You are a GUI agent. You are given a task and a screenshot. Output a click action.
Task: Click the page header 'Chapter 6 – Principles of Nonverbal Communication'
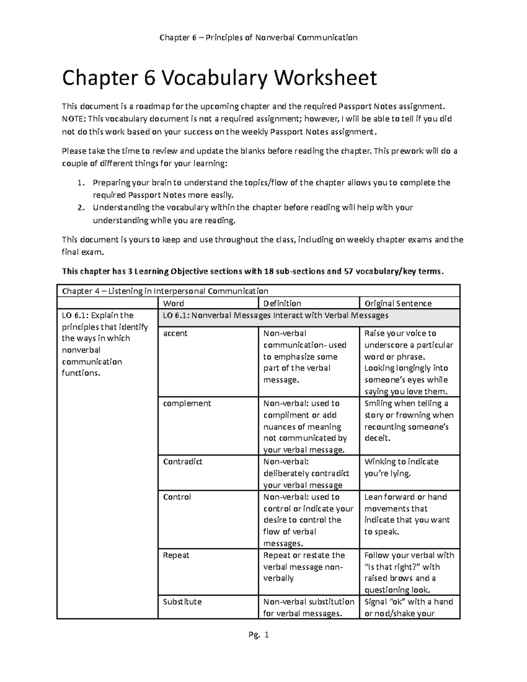(x=258, y=37)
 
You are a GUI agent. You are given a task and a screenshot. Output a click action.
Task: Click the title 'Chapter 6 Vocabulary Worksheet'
(x=219, y=78)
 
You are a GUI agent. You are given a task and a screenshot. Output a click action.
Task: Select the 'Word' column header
(x=173, y=303)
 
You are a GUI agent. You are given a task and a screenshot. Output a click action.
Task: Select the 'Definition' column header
(x=282, y=303)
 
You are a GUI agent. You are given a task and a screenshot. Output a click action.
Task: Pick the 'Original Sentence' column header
(x=398, y=303)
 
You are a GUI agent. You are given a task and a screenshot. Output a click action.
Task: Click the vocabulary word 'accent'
(x=175, y=333)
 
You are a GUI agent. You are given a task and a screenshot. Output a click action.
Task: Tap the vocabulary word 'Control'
(x=177, y=497)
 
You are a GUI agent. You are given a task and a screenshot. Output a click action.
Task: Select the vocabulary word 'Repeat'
(x=176, y=555)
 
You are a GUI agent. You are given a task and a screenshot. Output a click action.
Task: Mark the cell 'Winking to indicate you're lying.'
(x=401, y=468)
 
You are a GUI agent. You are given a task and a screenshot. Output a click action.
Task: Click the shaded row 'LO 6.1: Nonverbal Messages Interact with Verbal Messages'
(x=275, y=315)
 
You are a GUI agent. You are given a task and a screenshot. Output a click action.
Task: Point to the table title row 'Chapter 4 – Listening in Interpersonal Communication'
(x=165, y=291)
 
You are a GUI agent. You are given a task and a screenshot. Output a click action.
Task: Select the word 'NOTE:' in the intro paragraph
(x=74, y=119)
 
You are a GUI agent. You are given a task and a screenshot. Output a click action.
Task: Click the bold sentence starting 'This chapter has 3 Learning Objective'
(x=253, y=271)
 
